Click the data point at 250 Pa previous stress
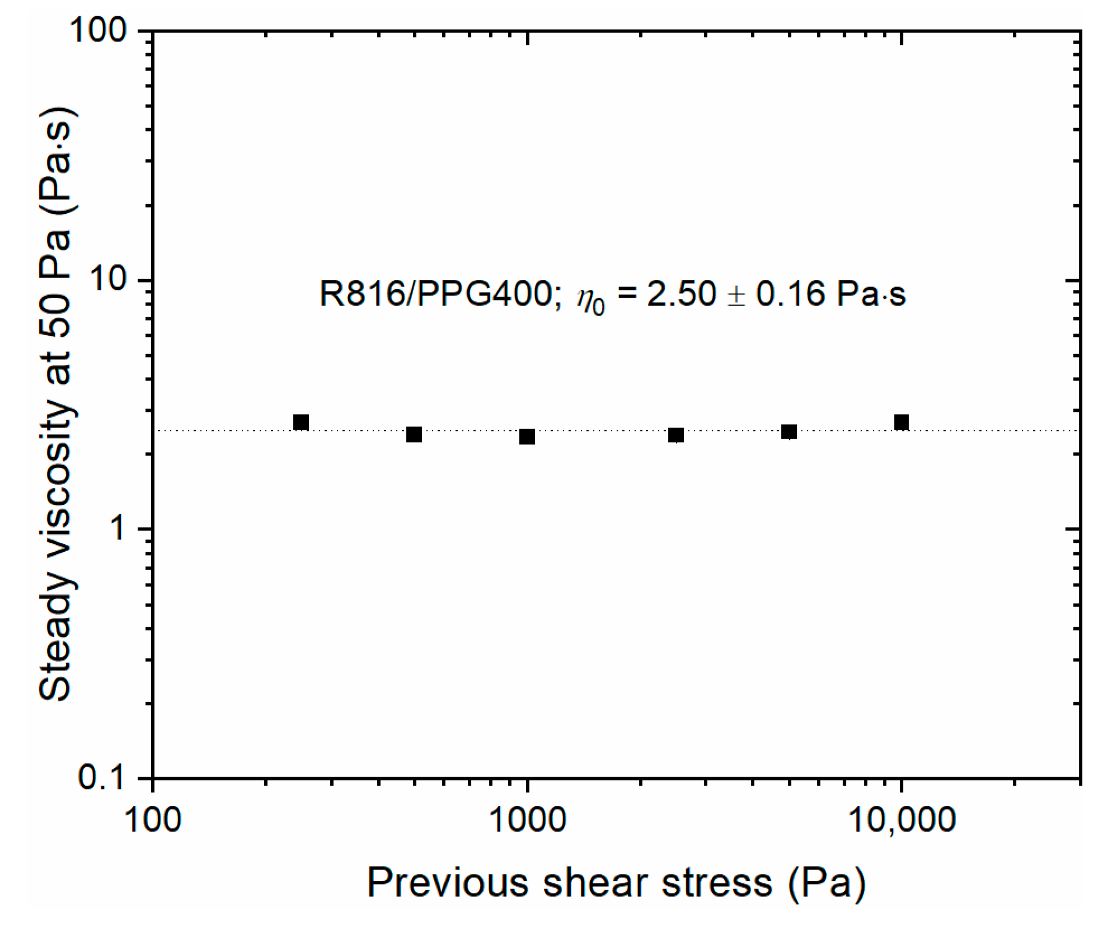pyautogui.click(x=301, y=422)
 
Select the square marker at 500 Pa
pyautogui.click(x=414, y=434)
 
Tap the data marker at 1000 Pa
pyautogui.click(x=527, y=436)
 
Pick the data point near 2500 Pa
pyautogui.click(x=676, y=435)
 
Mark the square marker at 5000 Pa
pyautogui.click(x=789, y=431)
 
